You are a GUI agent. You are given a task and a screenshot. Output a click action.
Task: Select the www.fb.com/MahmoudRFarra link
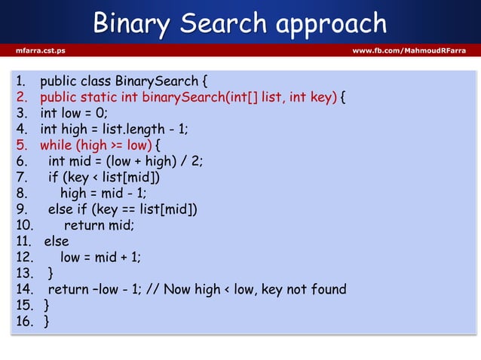tap(409, 50)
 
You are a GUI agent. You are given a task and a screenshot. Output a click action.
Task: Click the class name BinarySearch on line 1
tap(156, 81)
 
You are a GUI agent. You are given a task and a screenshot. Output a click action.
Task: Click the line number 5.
tap(21, 145)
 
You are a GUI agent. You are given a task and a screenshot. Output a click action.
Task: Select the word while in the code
tap(57, 145)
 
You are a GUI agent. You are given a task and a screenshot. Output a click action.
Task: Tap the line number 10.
tap(24, 224)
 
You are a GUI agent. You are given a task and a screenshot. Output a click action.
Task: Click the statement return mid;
tap(99, 224)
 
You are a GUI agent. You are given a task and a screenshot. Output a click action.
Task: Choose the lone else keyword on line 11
tap(57, 241)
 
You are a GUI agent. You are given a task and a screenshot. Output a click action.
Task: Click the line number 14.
tap(24, 288)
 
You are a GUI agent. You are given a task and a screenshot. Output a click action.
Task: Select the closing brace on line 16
tap(47, 322)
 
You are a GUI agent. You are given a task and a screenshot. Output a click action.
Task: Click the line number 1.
tap(20, 81)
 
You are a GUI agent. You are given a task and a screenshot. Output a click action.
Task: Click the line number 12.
tap(24, 257)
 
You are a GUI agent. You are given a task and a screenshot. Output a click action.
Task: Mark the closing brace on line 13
tap(51, 273)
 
